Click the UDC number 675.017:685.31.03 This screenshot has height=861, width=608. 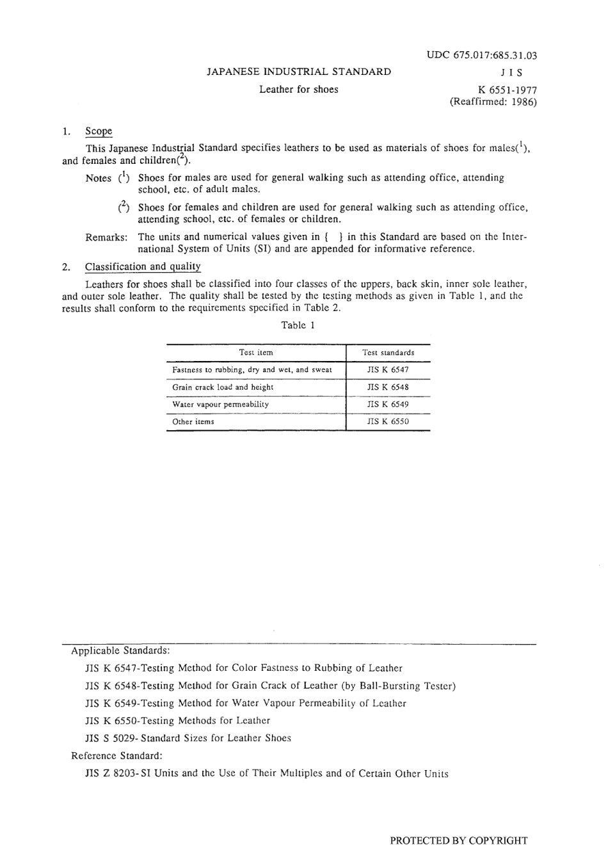pos(482,55)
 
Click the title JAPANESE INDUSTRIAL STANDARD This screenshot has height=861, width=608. pos(299,72)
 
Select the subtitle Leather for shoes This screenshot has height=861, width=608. pos(299,90)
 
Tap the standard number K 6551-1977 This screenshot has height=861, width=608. pos(502,90)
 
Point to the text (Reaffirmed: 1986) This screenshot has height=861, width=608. pos(493,102)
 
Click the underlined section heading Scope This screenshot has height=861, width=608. pos(99,131)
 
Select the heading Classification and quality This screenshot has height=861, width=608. pos(143,266)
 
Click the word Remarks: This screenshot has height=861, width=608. pos(106,237)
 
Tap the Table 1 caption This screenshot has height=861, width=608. pos(298,325)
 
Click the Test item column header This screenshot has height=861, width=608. pos(256,353)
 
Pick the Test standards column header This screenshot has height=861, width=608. pos(388,353)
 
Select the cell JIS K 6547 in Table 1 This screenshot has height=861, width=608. pos(388,370)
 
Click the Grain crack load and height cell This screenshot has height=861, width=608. pos(223,387)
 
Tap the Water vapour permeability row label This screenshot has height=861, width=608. pos(221,405)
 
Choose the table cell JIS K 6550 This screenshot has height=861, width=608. pos(388,422)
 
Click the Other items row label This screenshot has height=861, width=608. pos(193,422)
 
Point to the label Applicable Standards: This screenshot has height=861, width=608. pos(120,651)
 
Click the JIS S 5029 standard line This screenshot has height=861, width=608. pos(188,738)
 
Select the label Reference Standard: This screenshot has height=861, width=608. pos(116,756)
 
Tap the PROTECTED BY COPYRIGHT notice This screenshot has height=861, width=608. pos(459,841)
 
